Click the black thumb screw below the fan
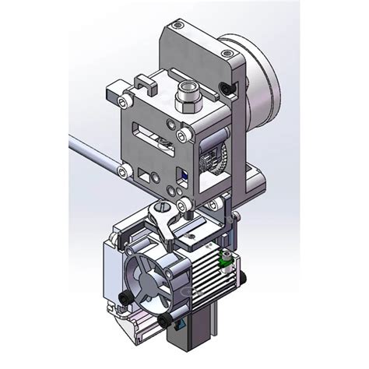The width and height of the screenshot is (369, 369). [x=164, y=318]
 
